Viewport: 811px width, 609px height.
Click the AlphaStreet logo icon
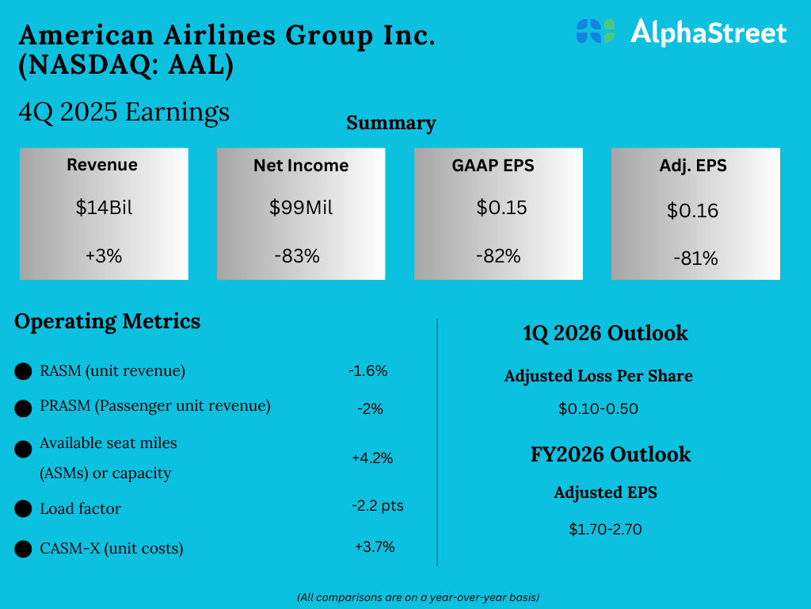tap(596, 31)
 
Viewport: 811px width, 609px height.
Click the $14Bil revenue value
tap(104, 208)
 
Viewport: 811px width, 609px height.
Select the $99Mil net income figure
tap(301, 208)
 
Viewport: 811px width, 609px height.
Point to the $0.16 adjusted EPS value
tap(692, 211)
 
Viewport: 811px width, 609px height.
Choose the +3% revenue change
tap(104, 256)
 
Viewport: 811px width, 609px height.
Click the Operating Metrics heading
tap(108, 321)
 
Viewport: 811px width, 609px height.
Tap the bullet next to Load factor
tap(24, 509)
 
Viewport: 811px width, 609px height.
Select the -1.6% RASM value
tap(367, 370)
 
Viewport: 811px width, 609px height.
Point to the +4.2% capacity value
tap(372, 458)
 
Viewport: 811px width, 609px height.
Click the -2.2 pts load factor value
tap(377, 505)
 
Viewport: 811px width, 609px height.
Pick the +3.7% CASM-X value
tap(375, 546)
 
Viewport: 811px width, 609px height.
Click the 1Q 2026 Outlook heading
tap(605, 333)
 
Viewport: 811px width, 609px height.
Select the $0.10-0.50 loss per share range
tap(598, 409)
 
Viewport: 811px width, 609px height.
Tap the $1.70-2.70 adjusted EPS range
tap(605, 529)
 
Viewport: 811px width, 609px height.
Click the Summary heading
tap(391, 123)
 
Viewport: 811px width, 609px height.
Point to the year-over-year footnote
tap(418, 596)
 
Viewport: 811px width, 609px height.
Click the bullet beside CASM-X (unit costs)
tap(24, 549)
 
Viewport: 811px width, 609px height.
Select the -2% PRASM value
tap(370, 409)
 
